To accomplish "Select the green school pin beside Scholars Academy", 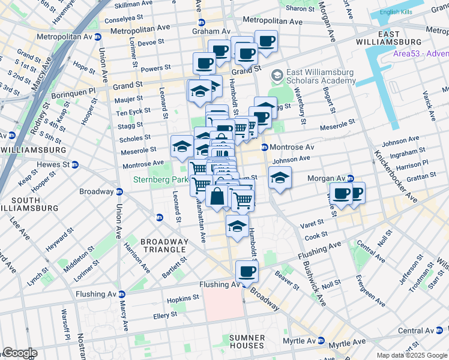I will click(x=277, y=75).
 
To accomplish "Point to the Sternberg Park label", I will click(x=160, y=179).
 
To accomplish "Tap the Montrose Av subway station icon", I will click(x=264, y=147).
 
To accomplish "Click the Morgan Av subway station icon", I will click(x=350, y=179).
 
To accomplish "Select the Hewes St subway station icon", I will click(x=74, y=164).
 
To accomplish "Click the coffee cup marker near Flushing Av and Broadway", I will click(x=247, y=271).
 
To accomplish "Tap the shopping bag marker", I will click(x=217, y=196).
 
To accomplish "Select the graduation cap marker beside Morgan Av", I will click(x=280, y=177).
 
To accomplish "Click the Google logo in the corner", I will click(x=19, y=353).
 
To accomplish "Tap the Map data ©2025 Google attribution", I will click(x=411, y=355).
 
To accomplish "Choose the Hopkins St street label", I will click(x=183, y=298).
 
